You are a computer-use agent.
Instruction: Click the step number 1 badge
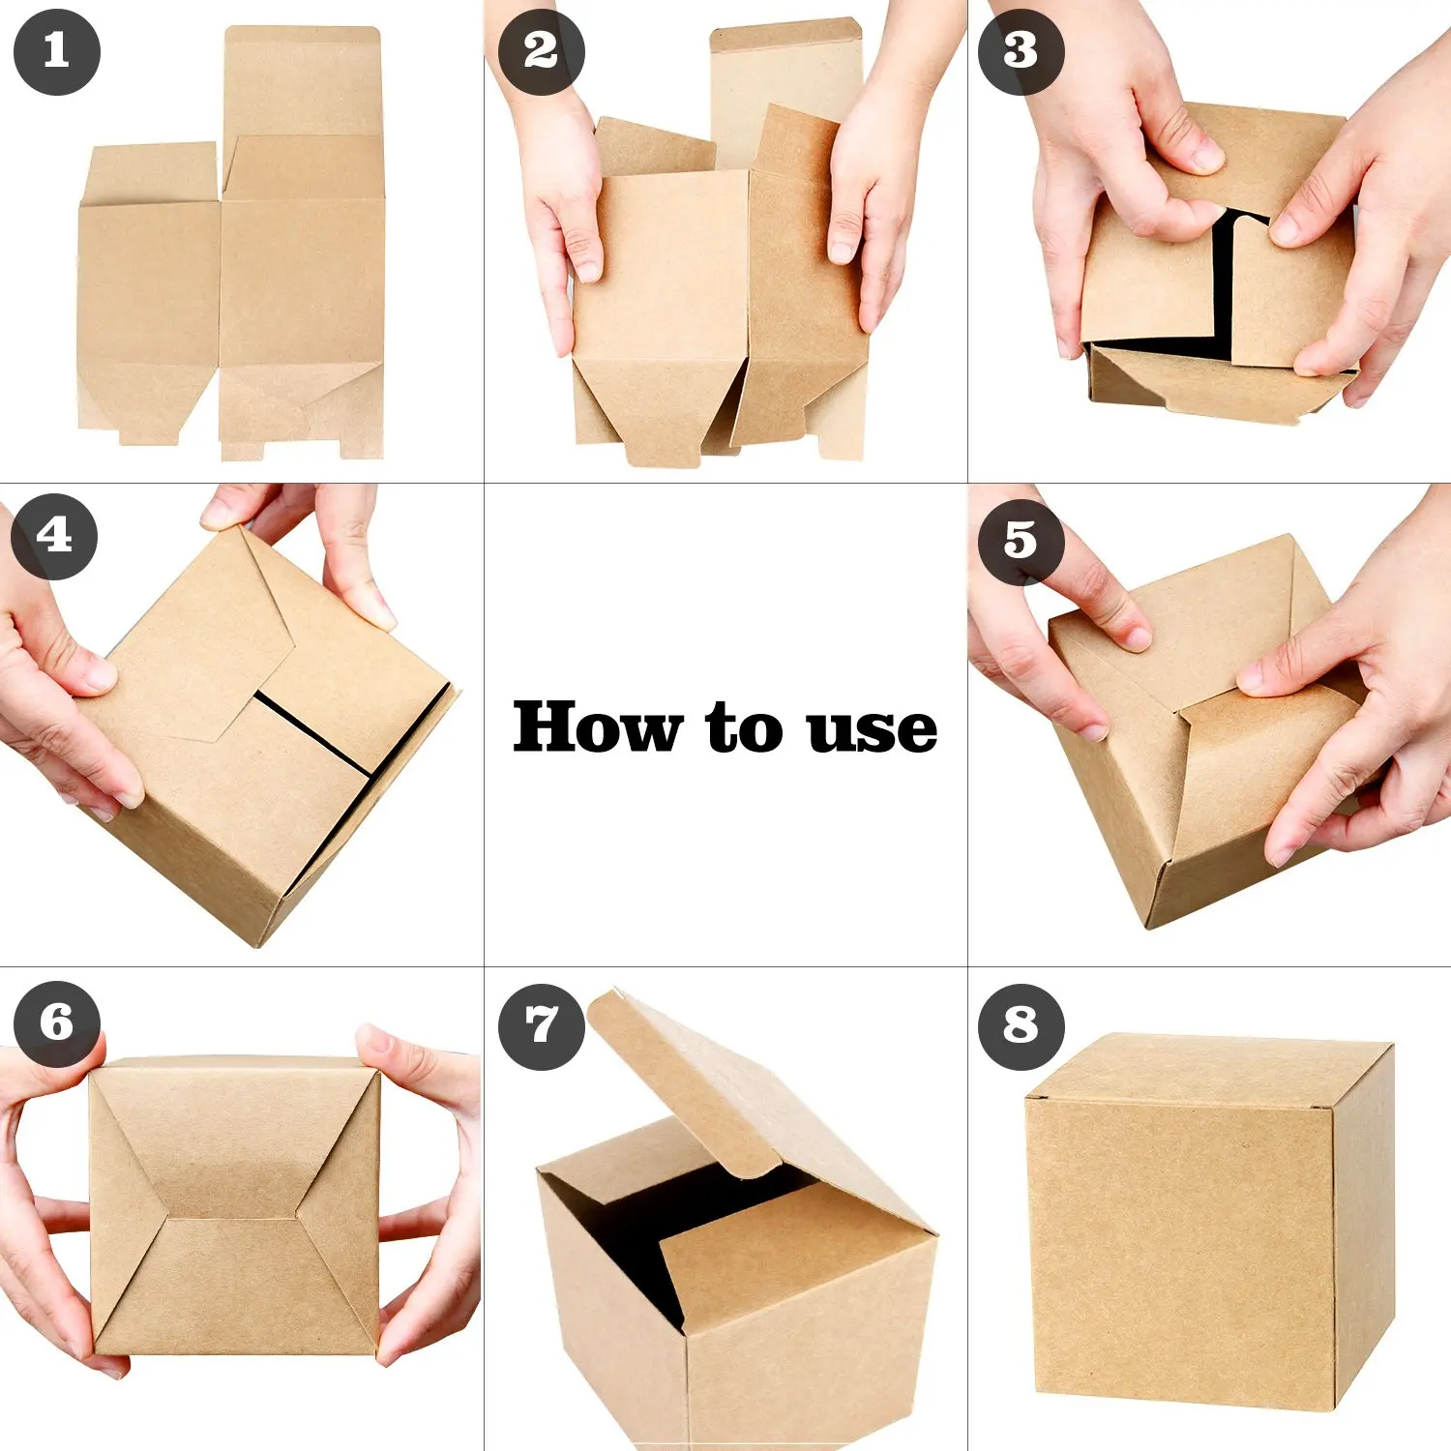(x=56, y=52)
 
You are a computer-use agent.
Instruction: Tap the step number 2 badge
(x=541, y=52)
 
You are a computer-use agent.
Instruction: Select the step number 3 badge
(x=1021, y=52)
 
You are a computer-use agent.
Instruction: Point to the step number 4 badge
(x=54, y=537)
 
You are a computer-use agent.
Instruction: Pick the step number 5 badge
(x=1021, y=542)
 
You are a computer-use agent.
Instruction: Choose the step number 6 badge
(x=56, y=1024)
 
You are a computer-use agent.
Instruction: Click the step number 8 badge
(x=1021, y=1026)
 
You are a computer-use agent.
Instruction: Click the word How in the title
(x=596, y=727)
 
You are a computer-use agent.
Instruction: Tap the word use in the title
(x=873, y=730)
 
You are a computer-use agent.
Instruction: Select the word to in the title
(x=743, y=727)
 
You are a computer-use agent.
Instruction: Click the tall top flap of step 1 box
(x=302, y=82)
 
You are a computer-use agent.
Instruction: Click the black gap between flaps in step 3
(x=1223, y=281)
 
